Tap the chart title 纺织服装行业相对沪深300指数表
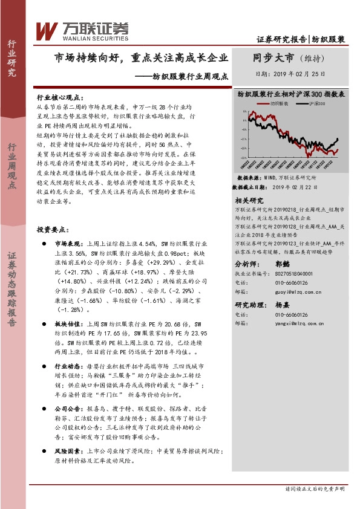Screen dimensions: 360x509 (x=290, y=94)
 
